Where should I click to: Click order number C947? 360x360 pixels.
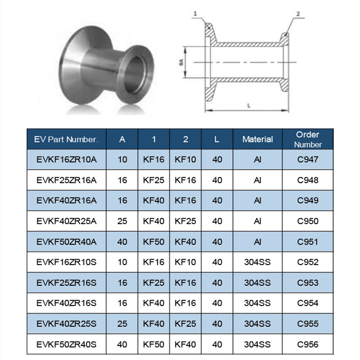coord(308,159)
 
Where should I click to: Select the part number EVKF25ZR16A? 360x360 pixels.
coord(67,180)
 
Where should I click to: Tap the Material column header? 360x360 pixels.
coord(257,139)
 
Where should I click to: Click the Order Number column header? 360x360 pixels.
coord(308,139)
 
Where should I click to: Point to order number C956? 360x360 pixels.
coord(308,344)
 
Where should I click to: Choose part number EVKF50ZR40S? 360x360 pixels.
coord(67,344)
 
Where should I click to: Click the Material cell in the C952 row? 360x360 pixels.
coord(257,262)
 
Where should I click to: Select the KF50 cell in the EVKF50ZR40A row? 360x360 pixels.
coord(153,242)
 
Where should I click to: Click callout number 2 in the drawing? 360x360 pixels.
coord(297,14)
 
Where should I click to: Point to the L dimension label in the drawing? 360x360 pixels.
coord(249,104)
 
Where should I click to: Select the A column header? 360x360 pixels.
coord(122,139)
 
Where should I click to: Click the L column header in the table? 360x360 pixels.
coord(217,139)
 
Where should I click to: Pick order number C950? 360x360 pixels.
coord(308,221)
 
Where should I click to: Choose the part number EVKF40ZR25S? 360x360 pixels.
coord(67,324)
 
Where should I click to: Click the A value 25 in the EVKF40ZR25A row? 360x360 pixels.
coord(122,221)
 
